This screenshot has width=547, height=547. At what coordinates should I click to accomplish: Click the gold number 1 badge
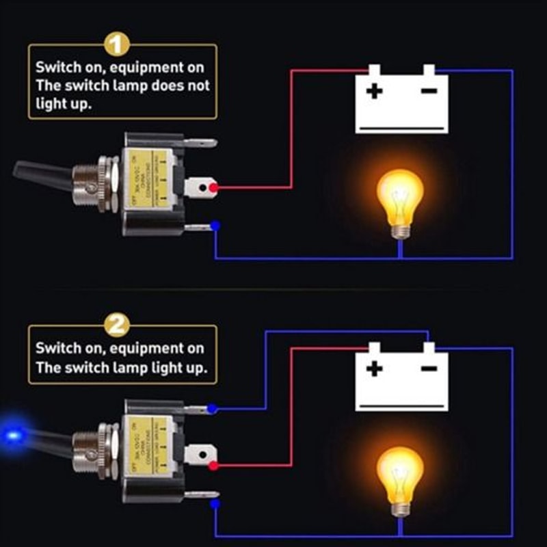[118, 45]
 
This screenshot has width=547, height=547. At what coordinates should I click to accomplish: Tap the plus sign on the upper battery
[373, 91]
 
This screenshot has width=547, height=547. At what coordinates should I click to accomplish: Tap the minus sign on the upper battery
[429, 90]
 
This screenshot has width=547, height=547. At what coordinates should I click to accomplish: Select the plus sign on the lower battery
[374, 370]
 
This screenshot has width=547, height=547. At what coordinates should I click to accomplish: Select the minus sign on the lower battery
[429, 369]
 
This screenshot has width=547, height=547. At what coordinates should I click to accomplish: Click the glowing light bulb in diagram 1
[400, 198]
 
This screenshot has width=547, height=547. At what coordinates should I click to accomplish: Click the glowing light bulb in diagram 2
[400, 475]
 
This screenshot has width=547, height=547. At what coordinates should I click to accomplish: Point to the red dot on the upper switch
[214, 187]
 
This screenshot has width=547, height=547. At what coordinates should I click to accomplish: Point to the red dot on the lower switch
[214, 466]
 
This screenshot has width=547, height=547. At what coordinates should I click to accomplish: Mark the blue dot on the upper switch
[215, 225]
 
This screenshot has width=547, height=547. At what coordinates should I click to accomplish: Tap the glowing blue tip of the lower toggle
[12, 433]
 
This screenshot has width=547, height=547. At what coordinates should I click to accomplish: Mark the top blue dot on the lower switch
[213, 409]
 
